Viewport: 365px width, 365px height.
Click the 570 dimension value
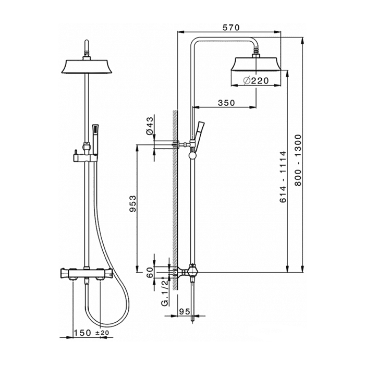[x=231, y=28]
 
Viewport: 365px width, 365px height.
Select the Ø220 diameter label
[x=256, y=80]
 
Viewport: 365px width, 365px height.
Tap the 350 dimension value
[x=226, y=103]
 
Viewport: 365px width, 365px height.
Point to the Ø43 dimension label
[x=150, y=126]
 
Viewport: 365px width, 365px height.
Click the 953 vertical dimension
[x=132, y=204]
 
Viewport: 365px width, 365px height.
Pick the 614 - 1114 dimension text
[x=283, y=177]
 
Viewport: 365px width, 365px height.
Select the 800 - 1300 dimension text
[x=298, y=160]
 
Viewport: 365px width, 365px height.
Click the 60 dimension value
[x=150, y=272]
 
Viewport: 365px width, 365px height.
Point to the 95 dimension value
[x=185, y=311]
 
